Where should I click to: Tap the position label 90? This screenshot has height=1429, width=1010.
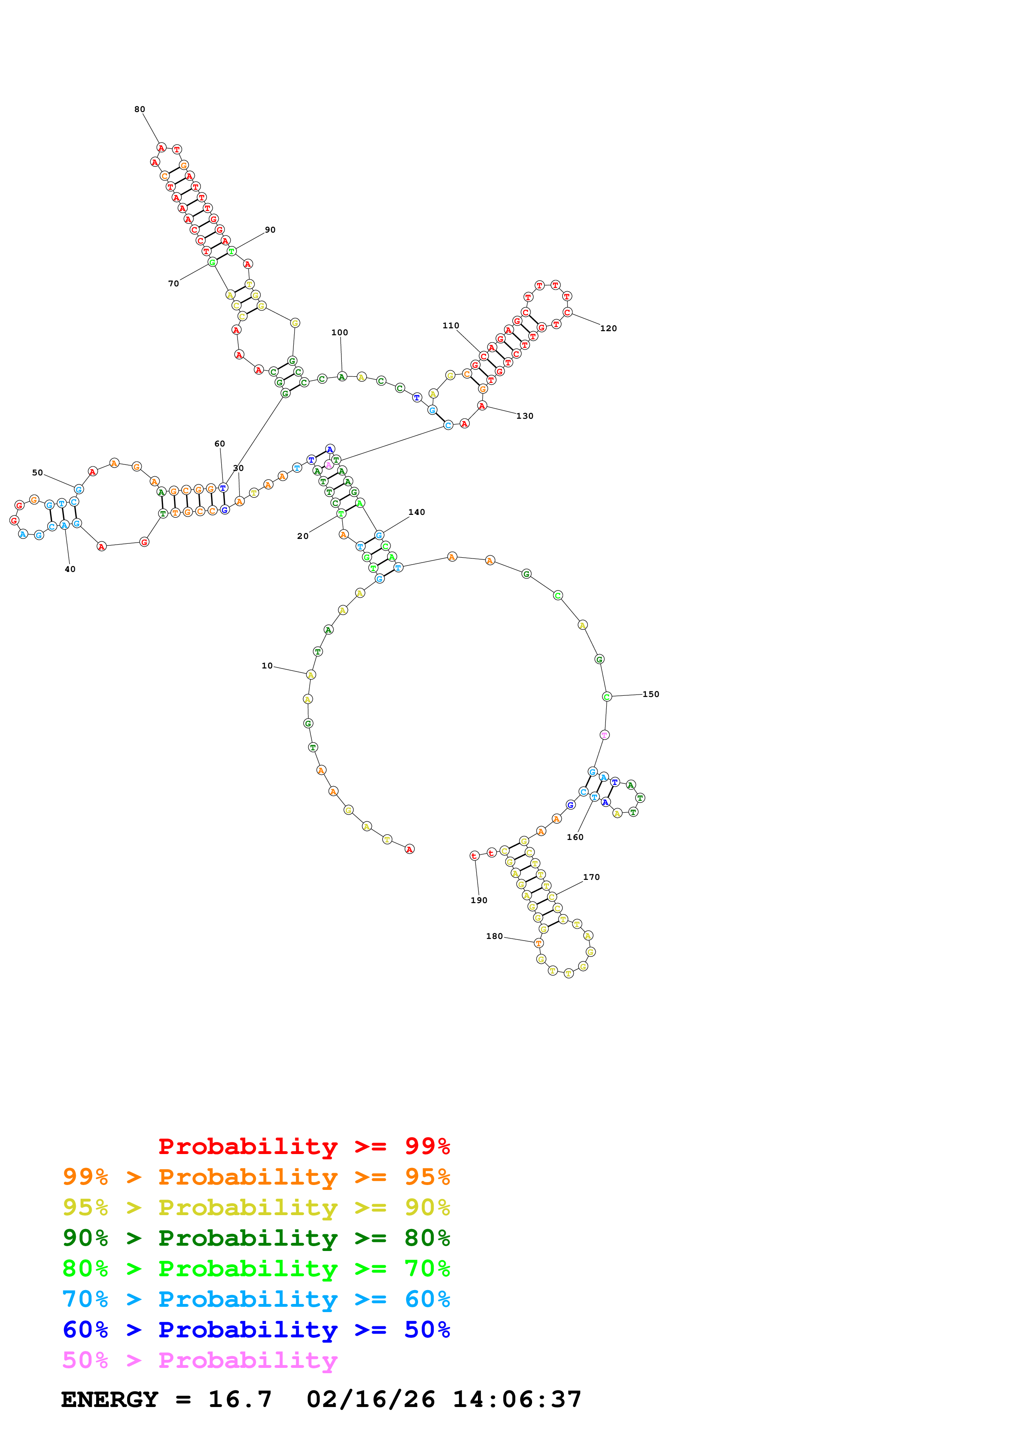click(x=270, y=230)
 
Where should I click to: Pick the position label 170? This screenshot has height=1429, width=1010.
click(x=591, y=877)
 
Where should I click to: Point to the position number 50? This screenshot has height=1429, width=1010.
click(x=37, y=473)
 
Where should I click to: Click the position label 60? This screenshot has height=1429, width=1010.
click(x=220, y=444)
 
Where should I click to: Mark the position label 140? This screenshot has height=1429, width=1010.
click(x=416, y=512)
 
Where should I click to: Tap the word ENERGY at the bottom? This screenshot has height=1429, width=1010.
click(x=110, y=1399)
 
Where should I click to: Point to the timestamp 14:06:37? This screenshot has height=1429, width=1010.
click(x=517, y=1399)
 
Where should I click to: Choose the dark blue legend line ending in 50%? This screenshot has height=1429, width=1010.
click(x=256, y=1330)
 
